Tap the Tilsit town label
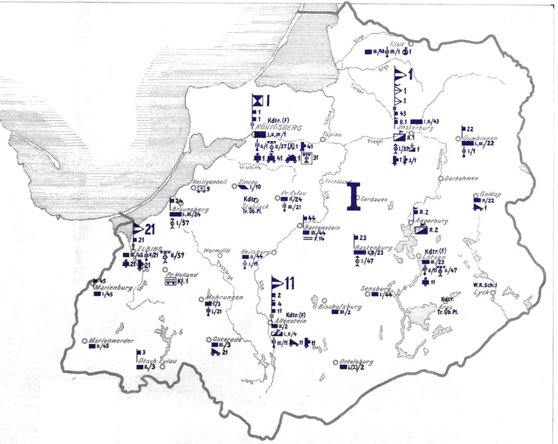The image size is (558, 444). (395, 45)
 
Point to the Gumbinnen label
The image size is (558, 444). (477, 140)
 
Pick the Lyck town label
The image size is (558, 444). (481, 293)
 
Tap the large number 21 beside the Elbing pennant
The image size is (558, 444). (151, 229)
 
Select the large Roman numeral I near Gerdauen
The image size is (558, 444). (353, 197)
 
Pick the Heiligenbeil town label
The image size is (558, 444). (212, 182)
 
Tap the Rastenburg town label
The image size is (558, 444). (371, 247)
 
